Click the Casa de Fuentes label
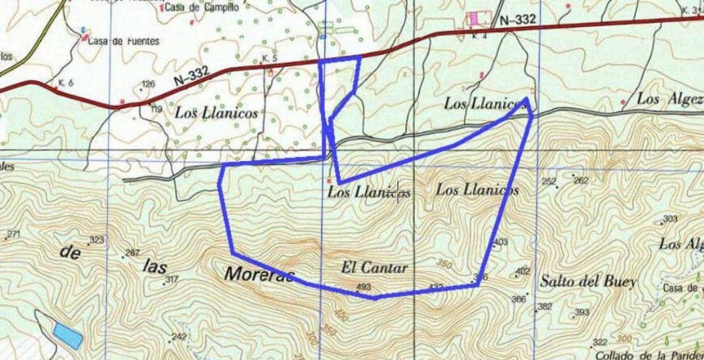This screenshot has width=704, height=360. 124,41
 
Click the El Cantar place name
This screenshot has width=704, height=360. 374,267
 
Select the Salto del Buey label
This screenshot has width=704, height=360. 588,282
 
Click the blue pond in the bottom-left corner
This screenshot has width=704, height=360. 68,335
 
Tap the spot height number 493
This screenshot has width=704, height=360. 364,287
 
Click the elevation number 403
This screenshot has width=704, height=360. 501,243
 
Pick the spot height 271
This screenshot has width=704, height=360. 14,234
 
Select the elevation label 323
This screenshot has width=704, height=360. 97,240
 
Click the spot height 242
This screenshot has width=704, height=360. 179,337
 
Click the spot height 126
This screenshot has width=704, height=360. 149,84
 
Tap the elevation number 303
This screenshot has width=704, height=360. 670,219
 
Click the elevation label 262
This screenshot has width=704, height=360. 581,181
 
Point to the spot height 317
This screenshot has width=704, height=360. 171,280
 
